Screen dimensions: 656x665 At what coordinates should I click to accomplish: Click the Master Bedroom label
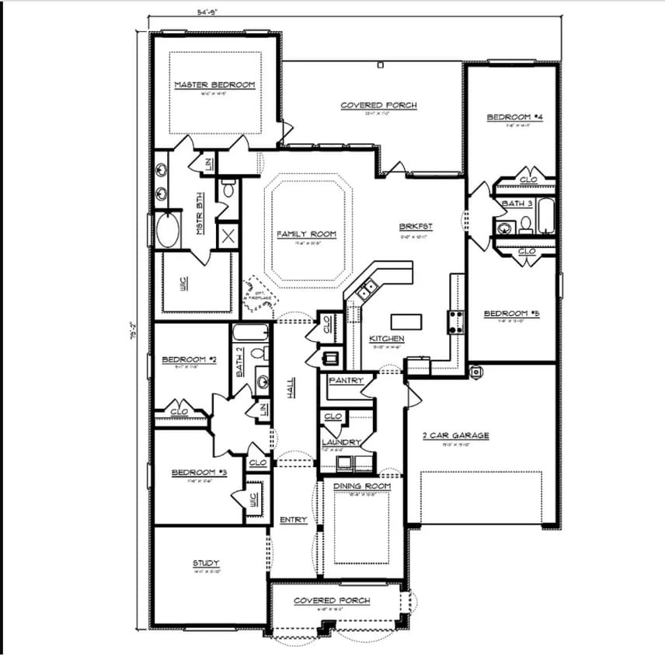214,85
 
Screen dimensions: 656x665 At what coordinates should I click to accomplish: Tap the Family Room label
306,233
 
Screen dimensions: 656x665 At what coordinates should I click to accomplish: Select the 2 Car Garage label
455,435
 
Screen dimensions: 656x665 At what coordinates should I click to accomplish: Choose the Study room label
206,563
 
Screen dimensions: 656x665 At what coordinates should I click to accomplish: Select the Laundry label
342,442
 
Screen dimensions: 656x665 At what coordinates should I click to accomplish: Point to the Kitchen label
386,339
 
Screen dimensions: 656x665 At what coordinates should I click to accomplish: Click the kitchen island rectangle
405,321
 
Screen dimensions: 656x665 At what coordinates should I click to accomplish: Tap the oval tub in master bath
167,230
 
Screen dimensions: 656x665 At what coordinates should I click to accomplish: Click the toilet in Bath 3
526,225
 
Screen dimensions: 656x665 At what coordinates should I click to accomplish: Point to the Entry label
293,519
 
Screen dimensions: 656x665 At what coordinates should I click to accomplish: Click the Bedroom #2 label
183,360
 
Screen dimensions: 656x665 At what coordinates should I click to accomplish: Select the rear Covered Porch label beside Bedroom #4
379,105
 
